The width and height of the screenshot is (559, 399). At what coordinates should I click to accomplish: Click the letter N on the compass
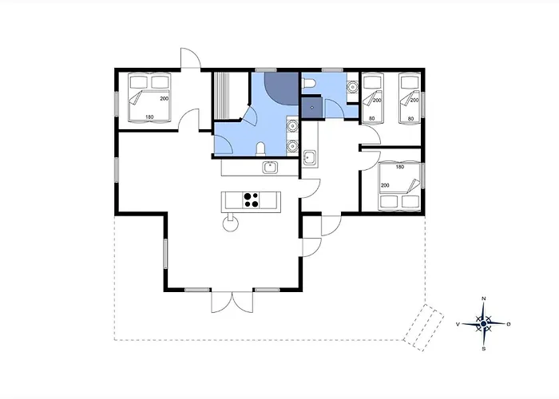484,298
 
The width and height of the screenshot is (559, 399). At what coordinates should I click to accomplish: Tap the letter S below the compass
484,349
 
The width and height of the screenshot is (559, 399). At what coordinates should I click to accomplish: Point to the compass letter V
458,324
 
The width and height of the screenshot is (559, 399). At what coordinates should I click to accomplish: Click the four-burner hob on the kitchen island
251,199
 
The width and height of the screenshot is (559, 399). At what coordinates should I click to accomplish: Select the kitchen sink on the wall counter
271,167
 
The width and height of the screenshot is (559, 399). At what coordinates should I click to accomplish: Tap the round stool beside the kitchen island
230,223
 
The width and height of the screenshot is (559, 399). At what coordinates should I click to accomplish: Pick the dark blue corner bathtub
281,89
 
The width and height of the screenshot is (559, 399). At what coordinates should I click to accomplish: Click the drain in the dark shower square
312,107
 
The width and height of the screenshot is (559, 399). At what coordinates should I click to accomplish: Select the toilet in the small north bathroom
309,84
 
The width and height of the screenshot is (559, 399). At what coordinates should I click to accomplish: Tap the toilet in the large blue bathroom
260,149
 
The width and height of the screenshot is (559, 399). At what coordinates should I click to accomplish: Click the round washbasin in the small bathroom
353,86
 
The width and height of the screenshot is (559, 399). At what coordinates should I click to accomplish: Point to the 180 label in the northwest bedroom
150,117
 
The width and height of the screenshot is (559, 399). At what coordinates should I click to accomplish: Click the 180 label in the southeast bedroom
400,167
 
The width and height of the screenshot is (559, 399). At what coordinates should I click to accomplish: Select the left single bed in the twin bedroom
372,97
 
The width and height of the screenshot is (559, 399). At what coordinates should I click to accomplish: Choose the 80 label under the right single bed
410,119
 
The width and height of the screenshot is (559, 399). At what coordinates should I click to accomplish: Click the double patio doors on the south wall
232,302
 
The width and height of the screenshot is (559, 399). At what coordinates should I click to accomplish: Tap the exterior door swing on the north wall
191,57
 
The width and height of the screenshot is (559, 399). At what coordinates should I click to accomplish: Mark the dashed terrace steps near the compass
423,328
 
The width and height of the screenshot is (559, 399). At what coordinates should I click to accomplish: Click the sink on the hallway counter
310,158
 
